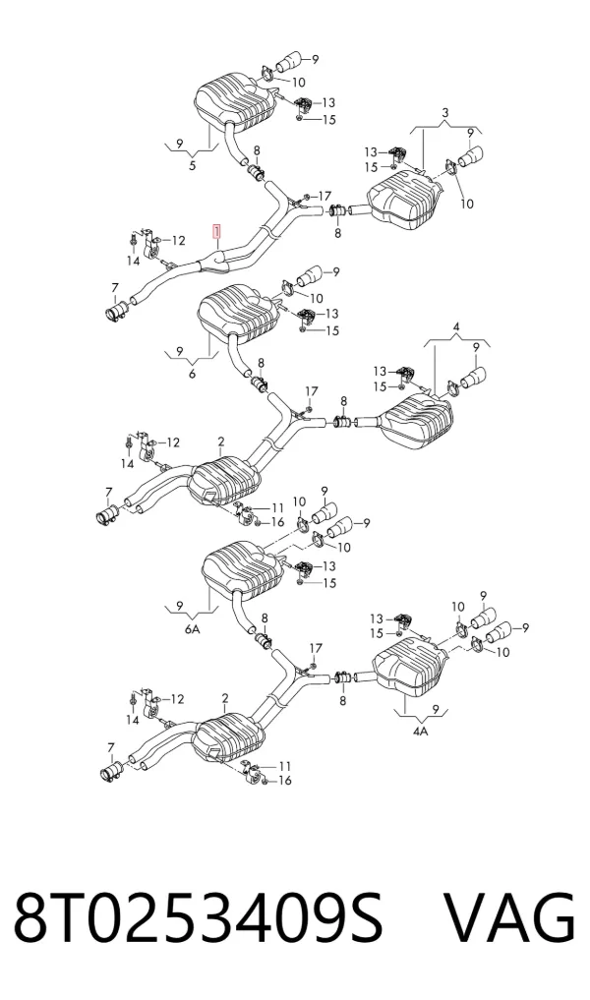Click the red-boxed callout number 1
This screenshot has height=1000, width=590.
pos(217,230)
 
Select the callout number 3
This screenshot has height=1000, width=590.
pos(445,113)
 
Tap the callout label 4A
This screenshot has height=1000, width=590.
pos(420,732)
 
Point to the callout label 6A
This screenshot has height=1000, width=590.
pos(192,629)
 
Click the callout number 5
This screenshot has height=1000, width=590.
pos(192,167)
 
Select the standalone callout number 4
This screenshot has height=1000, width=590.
pos(456,327)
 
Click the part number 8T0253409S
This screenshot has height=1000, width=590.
pos(199,918)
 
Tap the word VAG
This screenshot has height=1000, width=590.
pos(509,918)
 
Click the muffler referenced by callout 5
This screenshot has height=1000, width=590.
pos(234,102)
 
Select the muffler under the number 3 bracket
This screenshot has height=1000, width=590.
pos(406,196)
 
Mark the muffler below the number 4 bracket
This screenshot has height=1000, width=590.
pos(417,422)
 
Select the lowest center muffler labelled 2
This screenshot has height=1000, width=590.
pos(229,739)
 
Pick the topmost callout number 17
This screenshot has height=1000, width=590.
pos(324,196)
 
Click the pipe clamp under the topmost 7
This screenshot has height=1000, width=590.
pos(115,312)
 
